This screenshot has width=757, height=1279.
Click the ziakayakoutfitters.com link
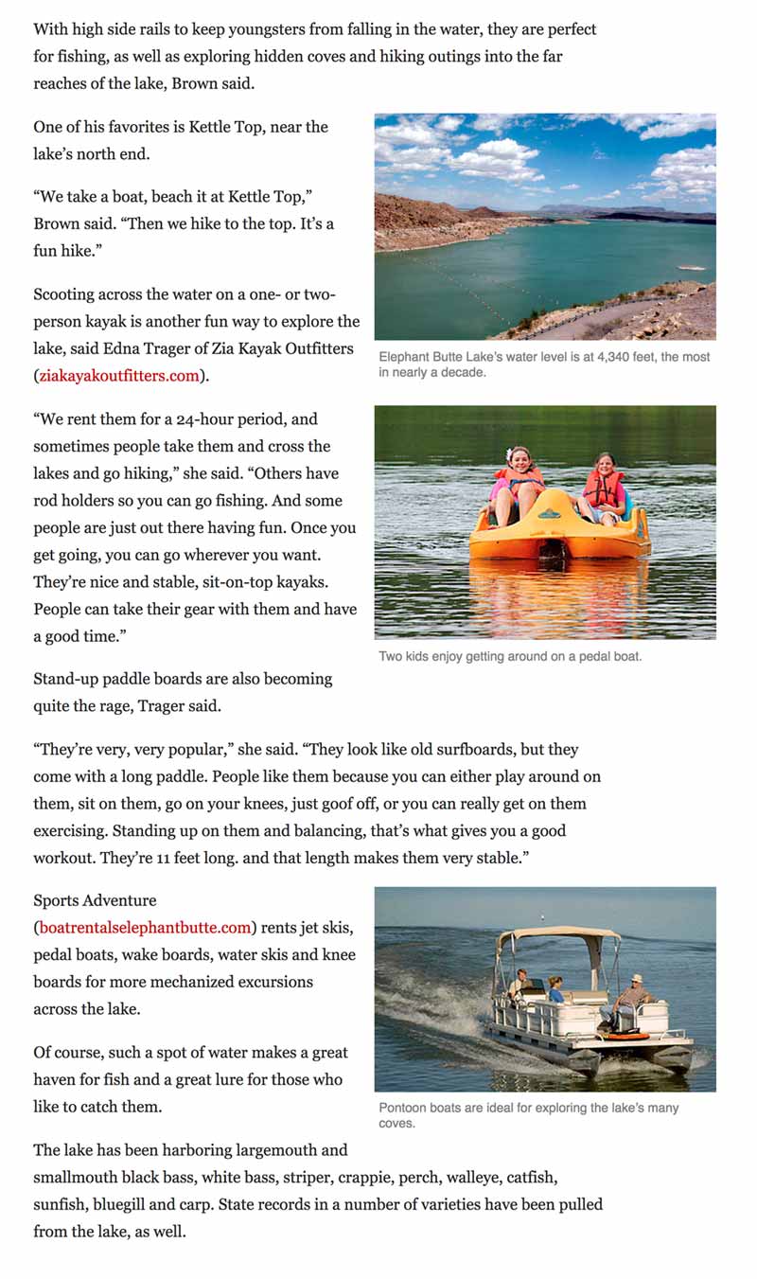pyautogui.click(x=119, y=376)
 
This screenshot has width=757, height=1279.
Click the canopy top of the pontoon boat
pyautogui.click(x=558, y=933)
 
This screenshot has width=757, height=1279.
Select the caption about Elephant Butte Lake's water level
pyautogui.click(x=544, y=364)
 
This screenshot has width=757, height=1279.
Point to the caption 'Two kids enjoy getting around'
pyautogui.click(x=510, y=656)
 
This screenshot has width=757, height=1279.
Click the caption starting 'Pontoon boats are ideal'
pyautogui.click(x=528, y=1115)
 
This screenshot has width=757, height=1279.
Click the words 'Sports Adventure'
pyautogui.click(x=95, y=900)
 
